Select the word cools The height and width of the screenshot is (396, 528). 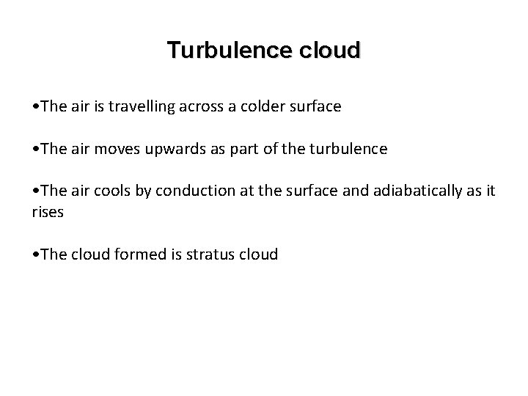tap(110, 191)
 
